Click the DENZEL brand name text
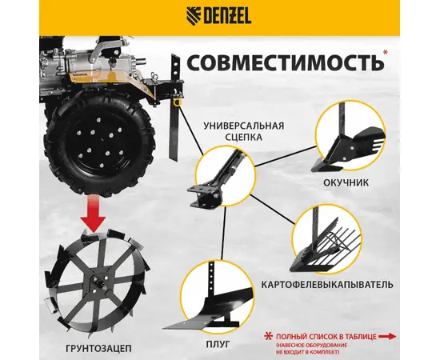(x=227, y=17)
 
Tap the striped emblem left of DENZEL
(x=194, y=17)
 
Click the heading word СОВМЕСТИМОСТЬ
(x=285, y=62)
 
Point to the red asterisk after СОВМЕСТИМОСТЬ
(x=385, y=52)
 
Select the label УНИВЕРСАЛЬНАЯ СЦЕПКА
(x=243, y=131)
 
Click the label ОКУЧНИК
(x=346, y=182)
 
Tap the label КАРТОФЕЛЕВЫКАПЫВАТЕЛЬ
(x=327, y=285)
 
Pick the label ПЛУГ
(x=218, y=344)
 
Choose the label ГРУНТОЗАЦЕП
(x=98, y=349)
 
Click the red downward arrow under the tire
(x=92, y=213)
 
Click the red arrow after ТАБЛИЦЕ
(x=387, y=337)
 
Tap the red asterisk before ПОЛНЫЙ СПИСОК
(x=269, y=336)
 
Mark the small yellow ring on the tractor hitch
(x=177, y=102)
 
